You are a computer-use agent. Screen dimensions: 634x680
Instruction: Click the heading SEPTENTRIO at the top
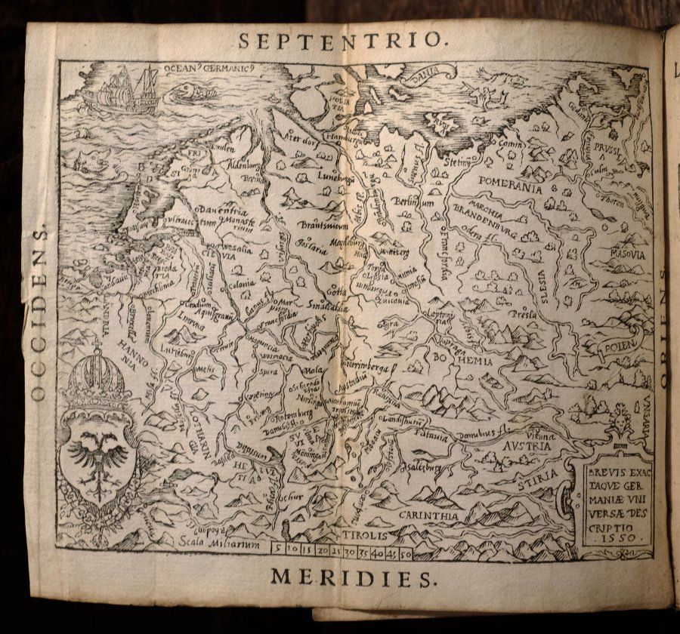(344, 41)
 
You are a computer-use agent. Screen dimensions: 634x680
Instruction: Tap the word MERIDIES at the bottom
(354, 578)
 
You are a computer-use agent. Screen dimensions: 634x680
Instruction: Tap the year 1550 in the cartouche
(614, 538)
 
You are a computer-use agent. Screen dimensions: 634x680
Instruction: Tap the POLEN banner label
(621, 346)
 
